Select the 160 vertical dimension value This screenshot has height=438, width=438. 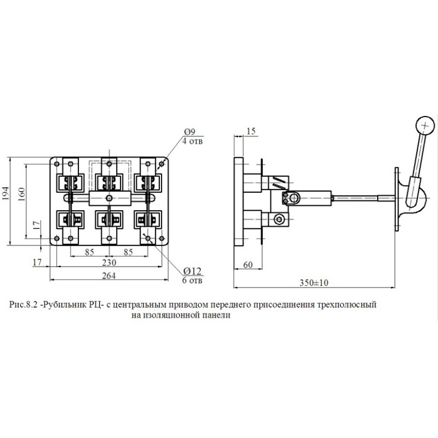(21, 194)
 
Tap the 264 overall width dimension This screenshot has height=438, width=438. (108, 276)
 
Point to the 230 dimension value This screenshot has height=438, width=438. (109, 263)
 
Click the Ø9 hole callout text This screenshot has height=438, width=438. (189, 131)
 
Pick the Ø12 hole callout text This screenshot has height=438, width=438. (193, 271)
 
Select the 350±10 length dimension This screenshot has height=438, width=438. (314, 283)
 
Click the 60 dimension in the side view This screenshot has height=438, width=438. (248, 264)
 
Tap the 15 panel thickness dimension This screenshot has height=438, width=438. (251, 131)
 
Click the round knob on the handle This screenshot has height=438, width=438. (425, 125)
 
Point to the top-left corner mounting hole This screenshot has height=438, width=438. (57, 164)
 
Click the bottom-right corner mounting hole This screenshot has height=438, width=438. (162, 238)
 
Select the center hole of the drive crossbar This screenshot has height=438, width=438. (109, 198)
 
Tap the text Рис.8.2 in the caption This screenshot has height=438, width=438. (23, 304)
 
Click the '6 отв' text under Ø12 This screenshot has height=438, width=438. (192, 280)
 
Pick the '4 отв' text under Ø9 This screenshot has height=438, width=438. (193, 141)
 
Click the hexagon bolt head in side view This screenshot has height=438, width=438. (279, 220)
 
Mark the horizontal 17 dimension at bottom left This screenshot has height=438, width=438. (37, 262)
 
